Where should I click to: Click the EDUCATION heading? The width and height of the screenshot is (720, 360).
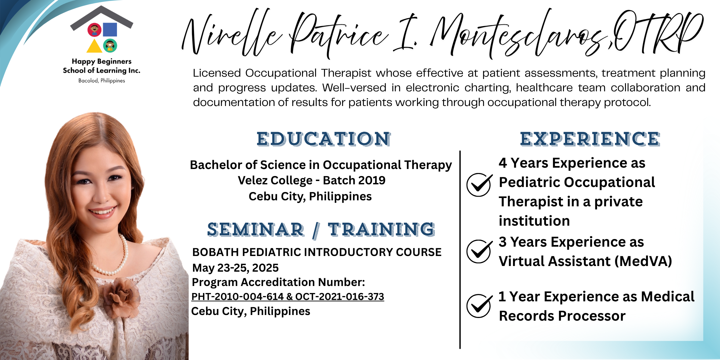pyautogui.click(x=324, y=139)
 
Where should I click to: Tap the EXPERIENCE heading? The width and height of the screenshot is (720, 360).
pyautogui.click(x=590, y=139)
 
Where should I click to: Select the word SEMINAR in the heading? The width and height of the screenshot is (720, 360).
pyautogui.click(x=256, y=230)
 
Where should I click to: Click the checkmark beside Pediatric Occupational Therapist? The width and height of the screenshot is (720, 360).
pyautogui.click(x=479, y=185)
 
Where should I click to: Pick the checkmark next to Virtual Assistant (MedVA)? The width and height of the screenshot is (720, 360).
pyautogui.click(x=479, y=251)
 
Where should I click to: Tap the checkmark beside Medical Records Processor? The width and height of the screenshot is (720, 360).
pyautogui.click(x=479, y=306)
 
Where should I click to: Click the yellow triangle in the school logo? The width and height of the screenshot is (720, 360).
pyautogui.click(x=94, y=46)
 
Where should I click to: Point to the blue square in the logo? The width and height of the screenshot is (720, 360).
pyautogui.click(x=110, y=30)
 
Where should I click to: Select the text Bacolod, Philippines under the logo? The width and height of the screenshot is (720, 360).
pyautogui.click(x=102, y=81)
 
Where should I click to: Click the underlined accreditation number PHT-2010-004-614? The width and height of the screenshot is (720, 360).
pyautogui.click(x=237, y=296)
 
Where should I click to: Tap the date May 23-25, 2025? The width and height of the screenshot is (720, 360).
pyautogui.click(x=235, y=268)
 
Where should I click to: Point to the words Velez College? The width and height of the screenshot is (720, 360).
pyautogui.click(x=275, y=180)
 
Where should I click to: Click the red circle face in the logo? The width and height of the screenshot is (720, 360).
pyautogui.click(x=95, y=30)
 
